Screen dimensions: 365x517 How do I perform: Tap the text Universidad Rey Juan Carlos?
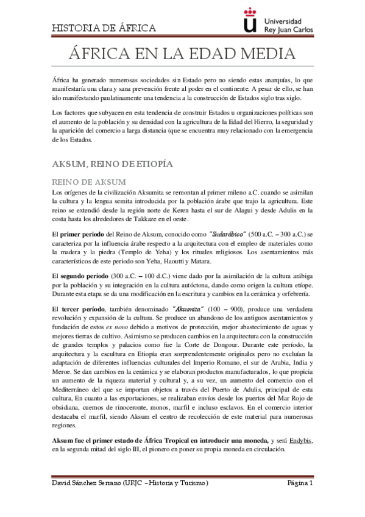click(289, 24)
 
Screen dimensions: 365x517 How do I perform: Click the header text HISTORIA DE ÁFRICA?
click(104, 28)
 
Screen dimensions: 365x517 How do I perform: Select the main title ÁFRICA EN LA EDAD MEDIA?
click(182, 55)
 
